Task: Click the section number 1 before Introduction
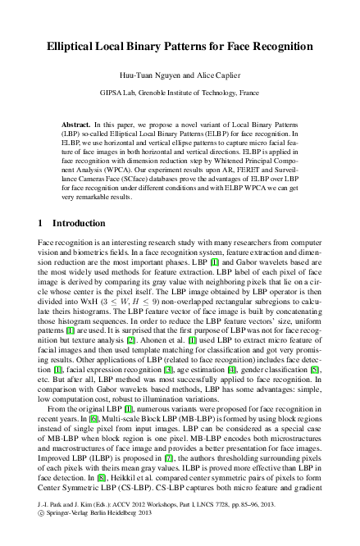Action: (x=42, y=223)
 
